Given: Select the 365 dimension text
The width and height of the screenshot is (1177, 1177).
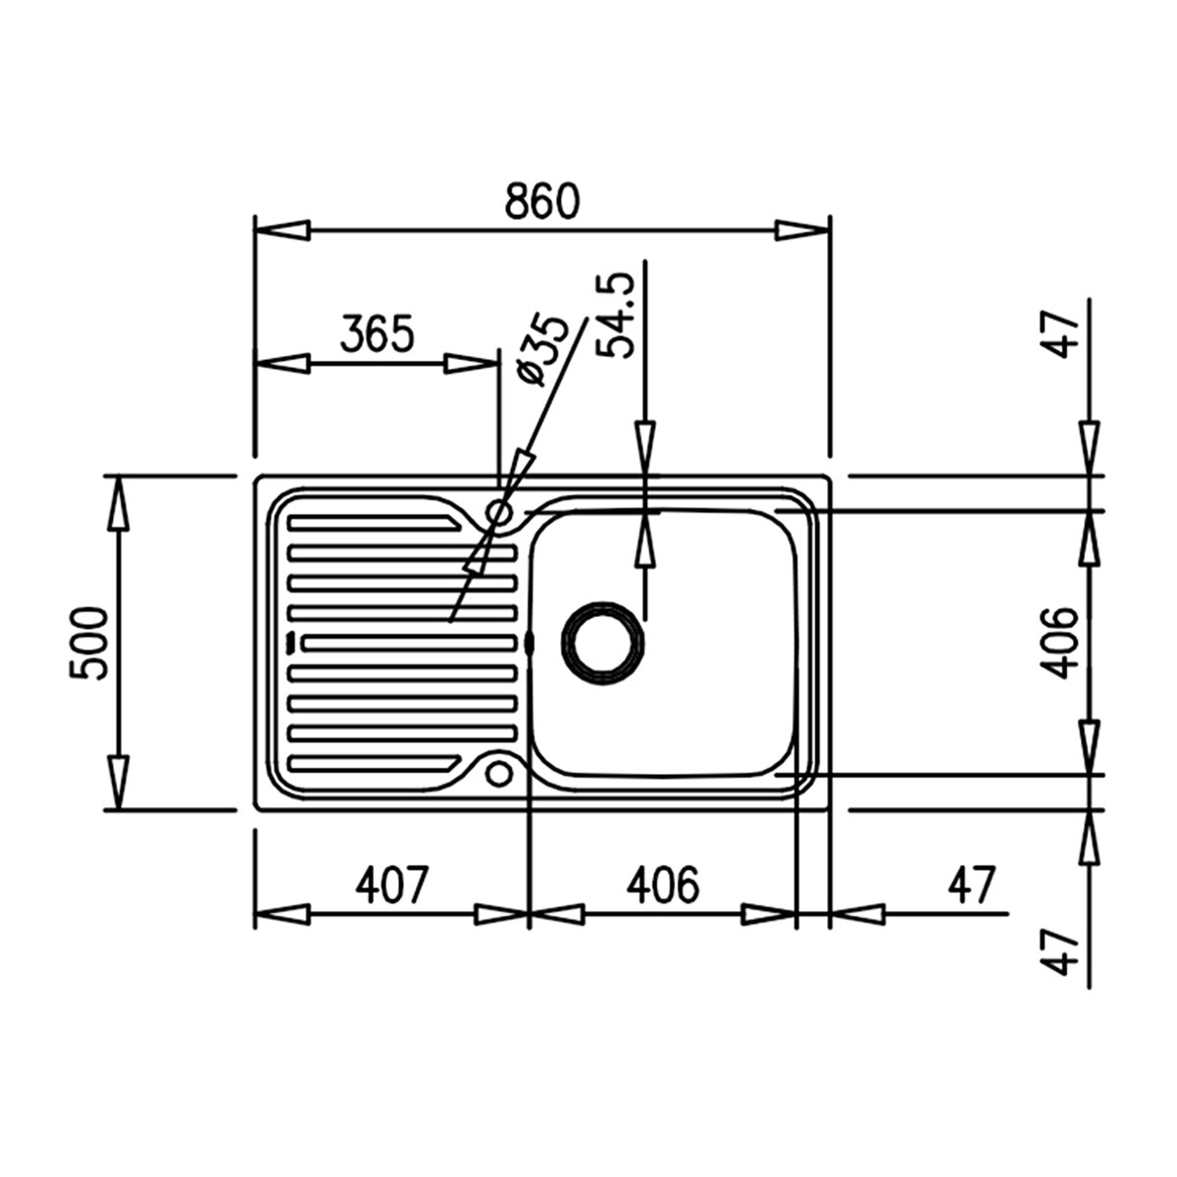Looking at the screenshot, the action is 377,333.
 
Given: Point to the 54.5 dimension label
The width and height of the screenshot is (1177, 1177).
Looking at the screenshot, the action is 615,315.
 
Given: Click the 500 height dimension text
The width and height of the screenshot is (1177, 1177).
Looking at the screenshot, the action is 88,643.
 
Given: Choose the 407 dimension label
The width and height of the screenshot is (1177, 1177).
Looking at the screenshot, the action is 392,884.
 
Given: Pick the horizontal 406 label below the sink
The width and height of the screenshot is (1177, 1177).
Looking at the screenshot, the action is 663,884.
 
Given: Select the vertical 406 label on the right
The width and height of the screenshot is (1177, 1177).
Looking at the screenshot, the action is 1058,642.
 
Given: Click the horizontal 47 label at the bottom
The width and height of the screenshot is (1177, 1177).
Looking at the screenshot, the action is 971,884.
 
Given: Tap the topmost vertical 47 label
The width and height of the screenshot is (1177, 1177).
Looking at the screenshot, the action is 1058,334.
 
